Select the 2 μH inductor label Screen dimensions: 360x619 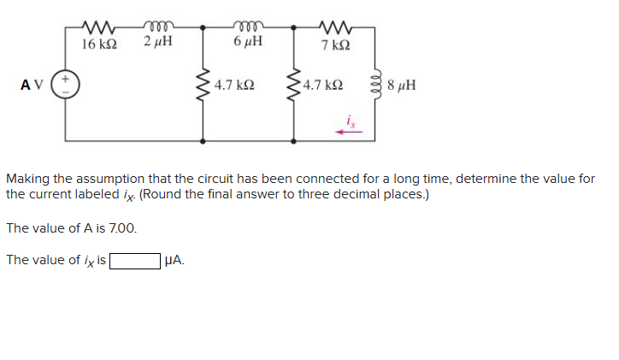pyautogui.click(x=158, y=42)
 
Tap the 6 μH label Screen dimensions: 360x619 pyautogui.click(x=247, y=42)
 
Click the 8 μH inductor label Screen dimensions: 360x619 pyautogui.click(x=401, y=86)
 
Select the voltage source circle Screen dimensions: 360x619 pyautogui.click(x=67, y=85)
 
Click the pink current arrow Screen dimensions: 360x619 pyautogui.click(x=348, y=132)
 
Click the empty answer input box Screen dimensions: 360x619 pyautogui.click(x=133, y=260)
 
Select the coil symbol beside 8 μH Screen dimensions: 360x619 pyautogui.click(x=373, y=86)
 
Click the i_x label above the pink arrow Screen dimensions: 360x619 pyautogui.click(x=349, y=119)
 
